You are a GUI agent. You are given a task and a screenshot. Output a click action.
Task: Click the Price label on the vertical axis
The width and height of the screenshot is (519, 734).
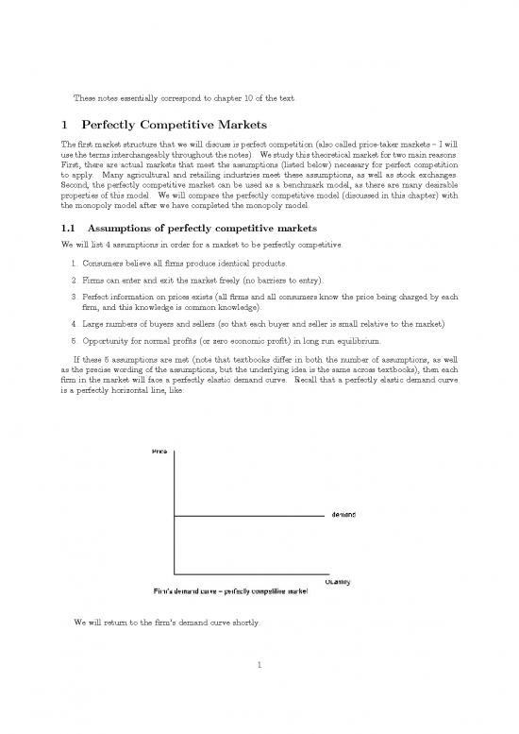click(161, 452)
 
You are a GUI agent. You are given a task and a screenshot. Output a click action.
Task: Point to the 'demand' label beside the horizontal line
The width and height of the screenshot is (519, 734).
click(343, 515)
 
